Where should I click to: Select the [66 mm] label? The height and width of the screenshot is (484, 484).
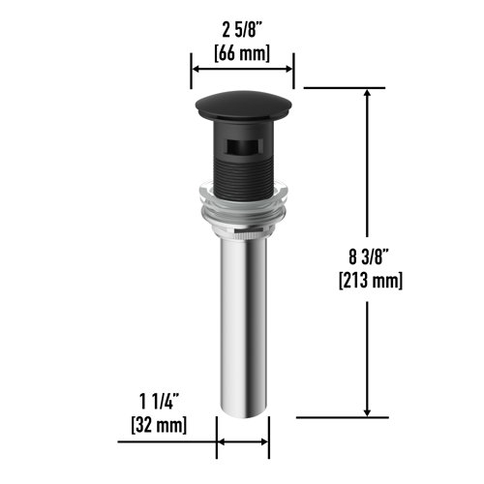coord(242,52)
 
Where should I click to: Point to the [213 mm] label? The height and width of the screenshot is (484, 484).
coord(370,281)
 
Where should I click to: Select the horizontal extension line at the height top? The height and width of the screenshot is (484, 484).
coord(339,88)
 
